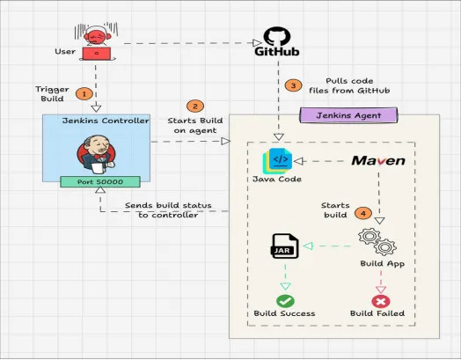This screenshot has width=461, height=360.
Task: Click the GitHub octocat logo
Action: click(277, 38)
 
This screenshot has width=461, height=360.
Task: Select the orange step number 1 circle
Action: click(84, 92)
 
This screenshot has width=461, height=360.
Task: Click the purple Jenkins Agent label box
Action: click(348, 114)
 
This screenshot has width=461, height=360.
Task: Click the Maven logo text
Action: click(378, 161)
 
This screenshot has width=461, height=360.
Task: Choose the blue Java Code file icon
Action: click(276, 163)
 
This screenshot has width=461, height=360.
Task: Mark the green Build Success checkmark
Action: click(286, 299)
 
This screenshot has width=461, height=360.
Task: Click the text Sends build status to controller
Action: click(164, 209)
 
